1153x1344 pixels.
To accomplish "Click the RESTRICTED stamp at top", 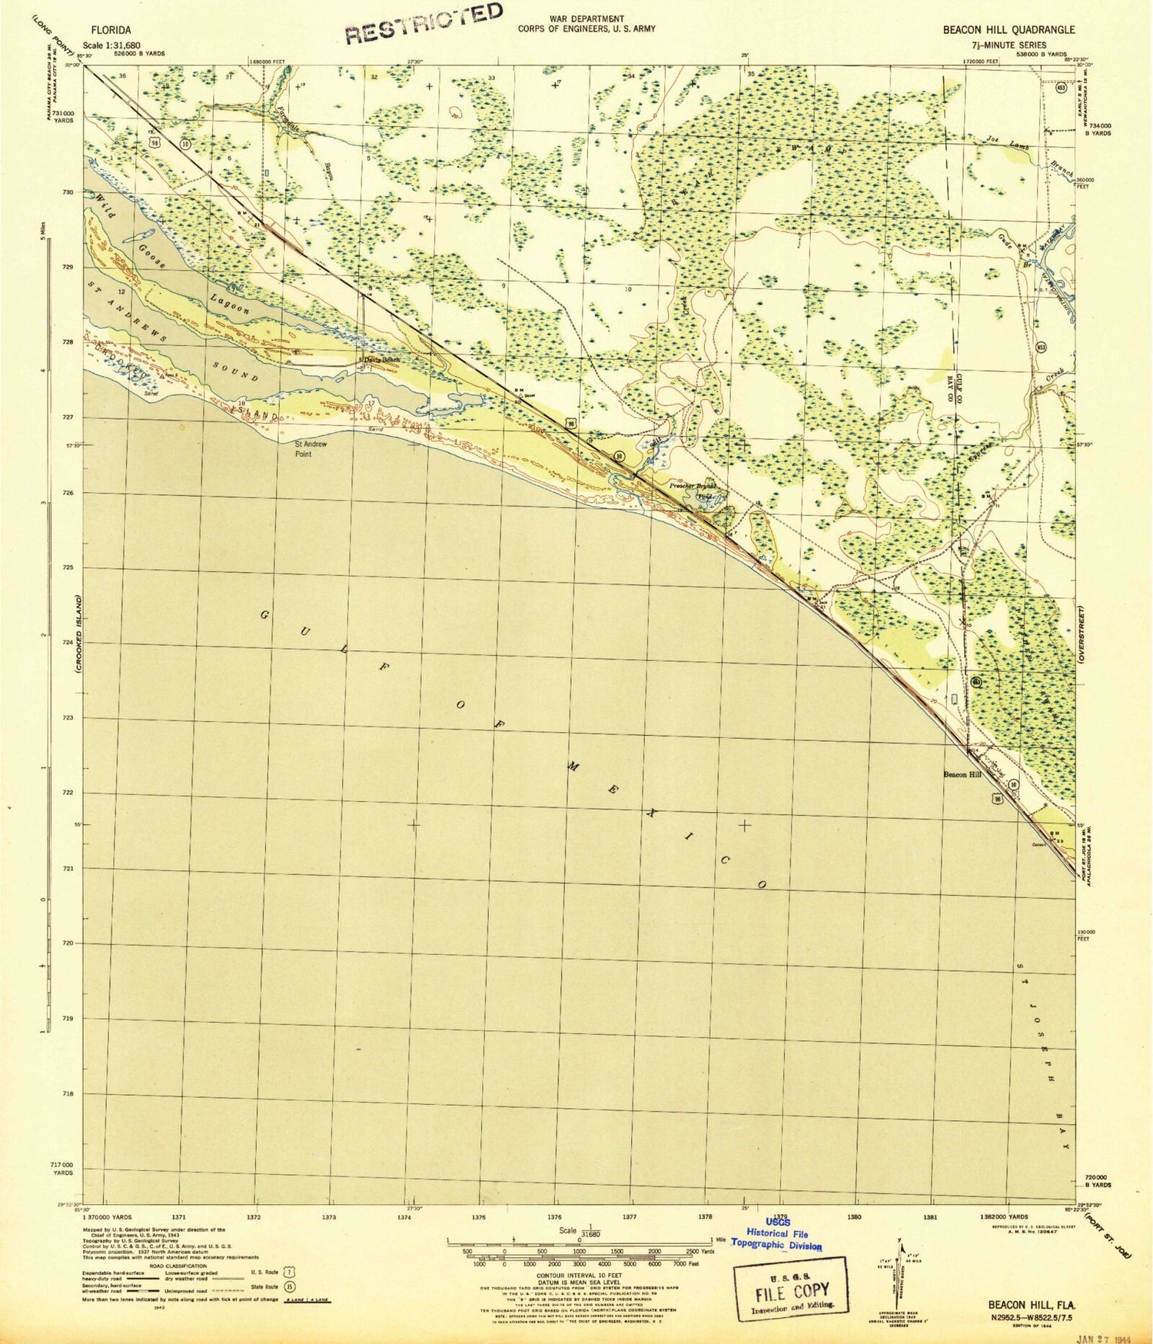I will (x=424, y=24).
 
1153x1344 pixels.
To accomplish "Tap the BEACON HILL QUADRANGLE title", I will (x=1009, y=30).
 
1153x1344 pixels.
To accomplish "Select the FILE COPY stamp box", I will (x=791, y=1289).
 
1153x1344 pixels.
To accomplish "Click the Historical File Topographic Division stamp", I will (x=776, y=1237).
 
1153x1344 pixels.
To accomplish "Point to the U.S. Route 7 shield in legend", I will (x=289, y=1272).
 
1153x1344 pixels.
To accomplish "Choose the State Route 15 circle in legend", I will (x=289, y=1286).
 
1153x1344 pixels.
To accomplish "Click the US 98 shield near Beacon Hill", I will (x=997, y=799).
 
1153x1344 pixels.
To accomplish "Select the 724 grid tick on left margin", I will (x=68, y=643).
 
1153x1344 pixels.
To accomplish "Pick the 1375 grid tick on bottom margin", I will (x=478, y=1217).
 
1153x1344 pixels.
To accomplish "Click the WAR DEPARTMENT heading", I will (x=586, y=18).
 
